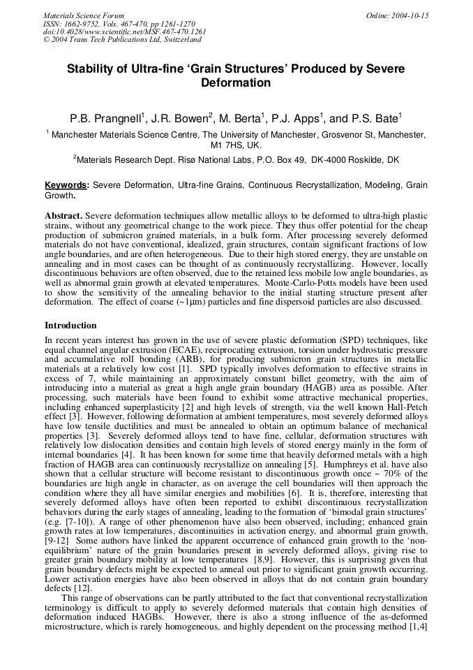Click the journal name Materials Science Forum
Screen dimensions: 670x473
84,15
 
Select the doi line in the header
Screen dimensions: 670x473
125,31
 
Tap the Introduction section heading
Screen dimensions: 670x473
70,325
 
